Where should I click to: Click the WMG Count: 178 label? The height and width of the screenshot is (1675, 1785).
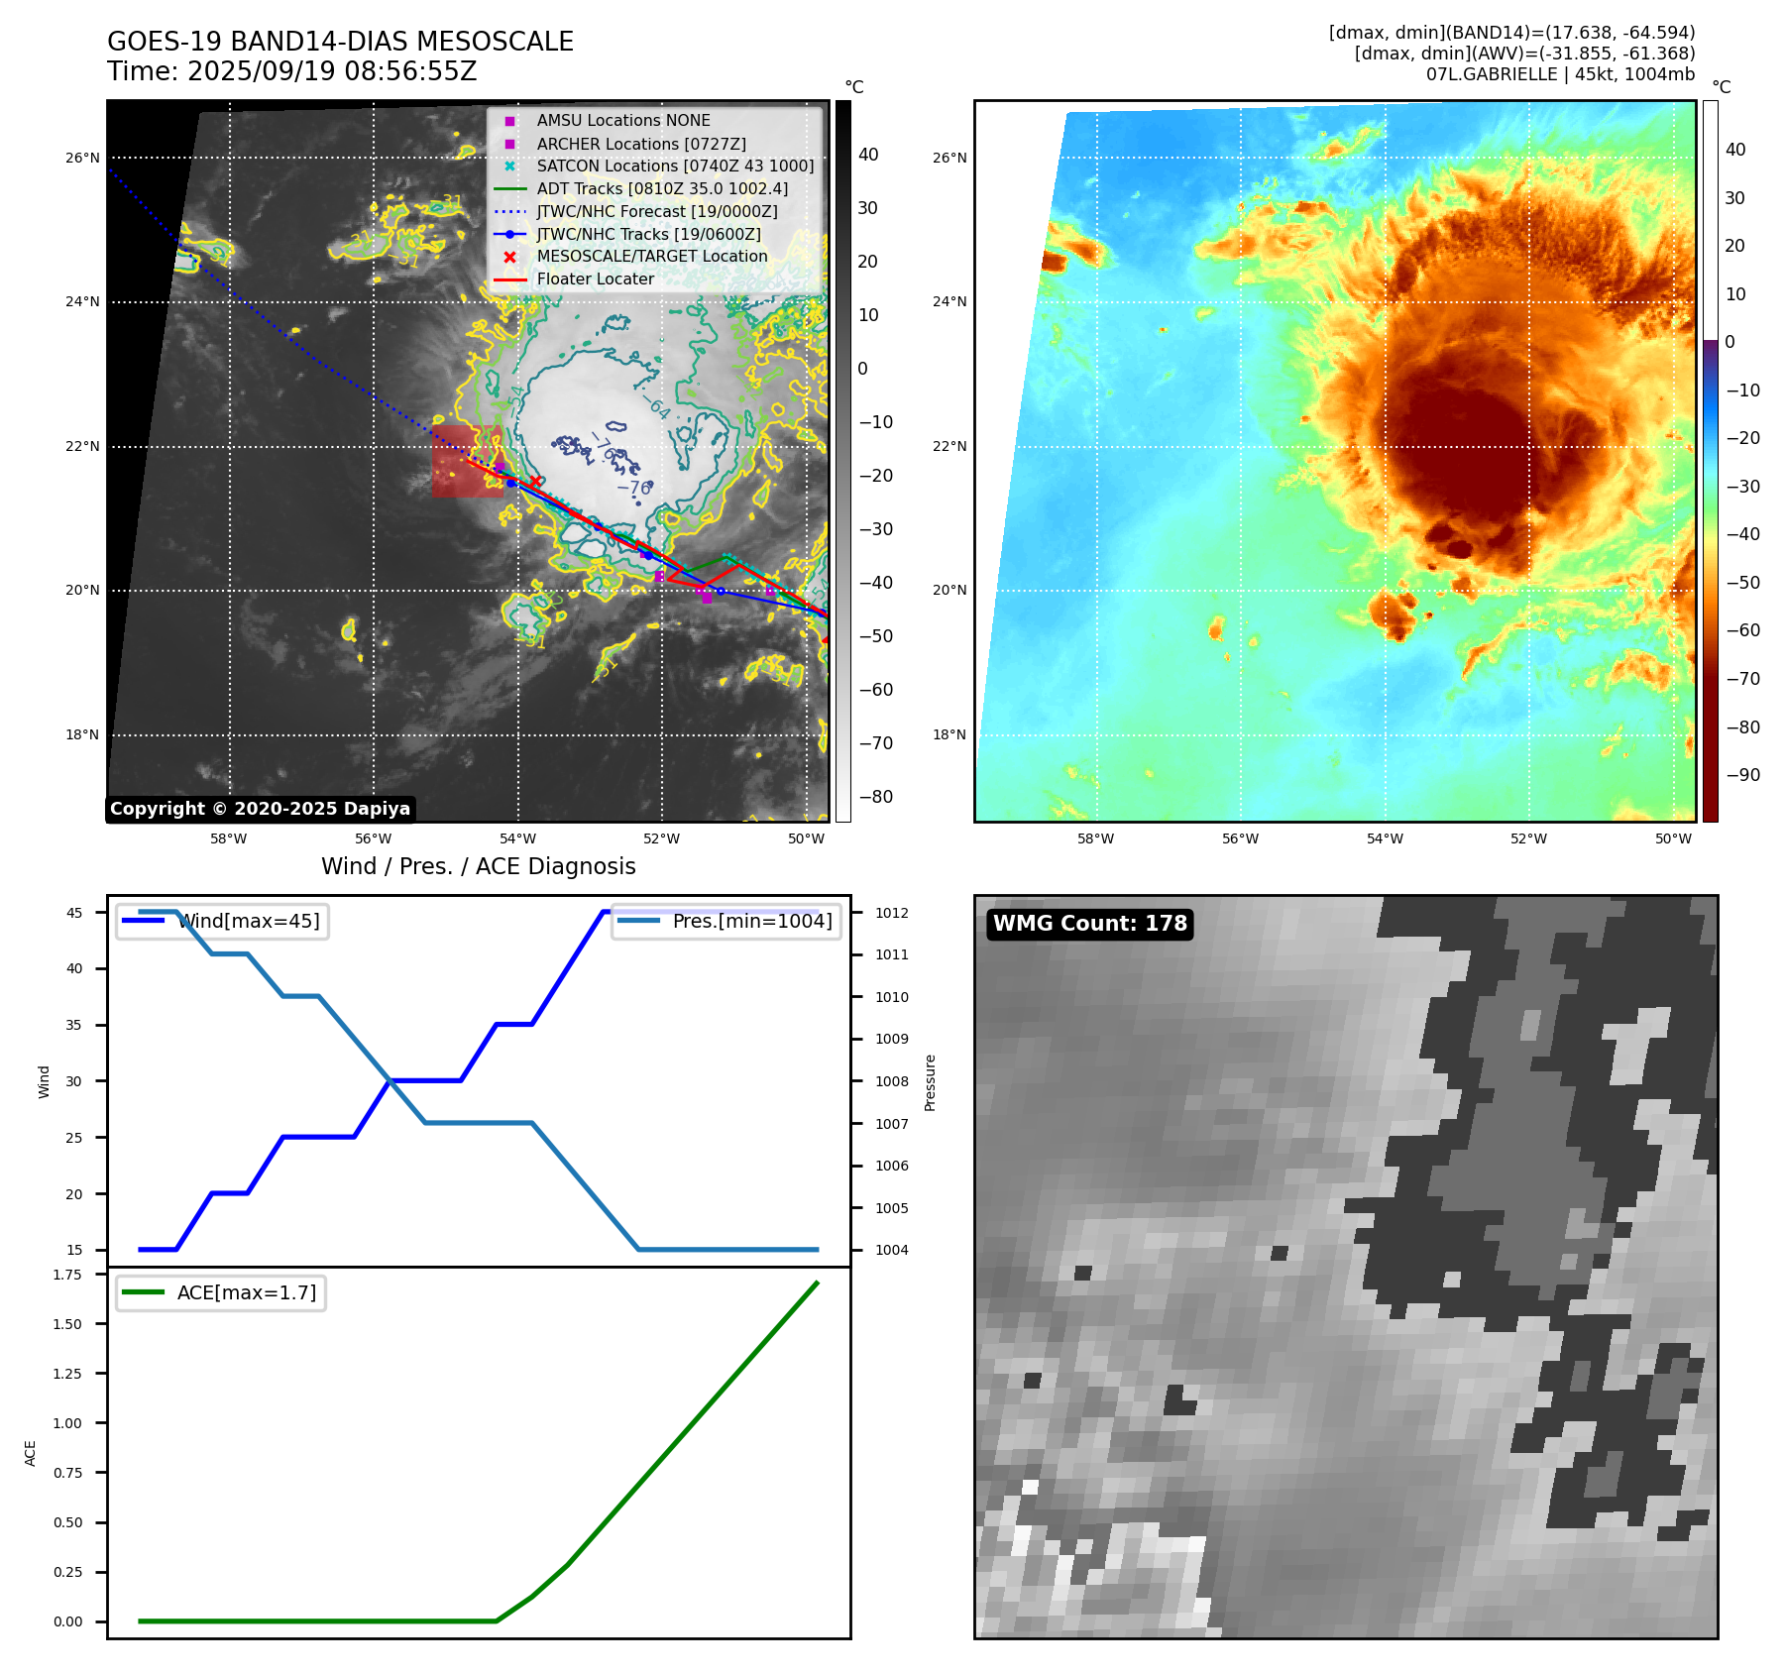click(x=1089, y=924)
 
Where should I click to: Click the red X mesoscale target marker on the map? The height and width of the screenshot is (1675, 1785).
click(x=535, y=481)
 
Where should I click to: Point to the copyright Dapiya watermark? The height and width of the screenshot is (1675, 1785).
click(x=260, y=809)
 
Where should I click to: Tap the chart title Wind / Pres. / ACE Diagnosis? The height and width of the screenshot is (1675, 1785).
click(x=478, y=866)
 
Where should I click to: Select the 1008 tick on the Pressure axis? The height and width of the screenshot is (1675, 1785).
click(x=891, y=1081)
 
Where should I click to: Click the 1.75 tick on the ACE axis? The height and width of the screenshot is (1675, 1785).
click(x=67, y=1275)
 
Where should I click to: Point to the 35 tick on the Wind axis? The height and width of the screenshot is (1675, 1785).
click(x=74, y=1025)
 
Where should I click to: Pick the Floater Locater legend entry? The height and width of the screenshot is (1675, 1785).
click(x=595, y=279)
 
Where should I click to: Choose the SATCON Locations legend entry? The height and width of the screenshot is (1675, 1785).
click(x=674, y=167)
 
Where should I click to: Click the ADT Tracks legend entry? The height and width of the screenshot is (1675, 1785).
click(x=662, y=188)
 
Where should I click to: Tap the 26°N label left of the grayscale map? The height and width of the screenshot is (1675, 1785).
click(x=82, y=158)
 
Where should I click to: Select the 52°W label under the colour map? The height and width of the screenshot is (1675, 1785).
click(x=1528, y=839)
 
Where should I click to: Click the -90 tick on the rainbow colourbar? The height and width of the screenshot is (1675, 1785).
click(x=1742, y=775)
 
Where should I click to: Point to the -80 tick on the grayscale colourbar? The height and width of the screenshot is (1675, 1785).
click(x=875, y=797)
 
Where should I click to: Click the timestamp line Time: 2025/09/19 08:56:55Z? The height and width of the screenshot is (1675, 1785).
click(x=292, y=71)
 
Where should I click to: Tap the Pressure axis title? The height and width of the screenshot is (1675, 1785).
click(x=930, y=1082)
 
